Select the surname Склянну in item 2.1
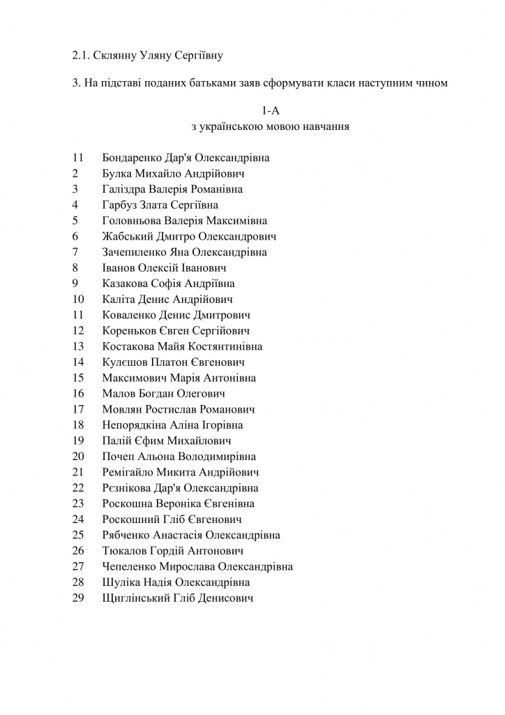(x=118, y=53)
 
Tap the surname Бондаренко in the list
(x=133, y=158)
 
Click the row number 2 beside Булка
(x=75, y=173)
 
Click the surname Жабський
(x=126, y=236)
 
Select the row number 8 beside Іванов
(x=75, y=267)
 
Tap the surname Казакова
(x=125, y=283)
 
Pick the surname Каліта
(x=119, y=299)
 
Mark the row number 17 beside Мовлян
(x=77, y=409)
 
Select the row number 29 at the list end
(x=77, y=598)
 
